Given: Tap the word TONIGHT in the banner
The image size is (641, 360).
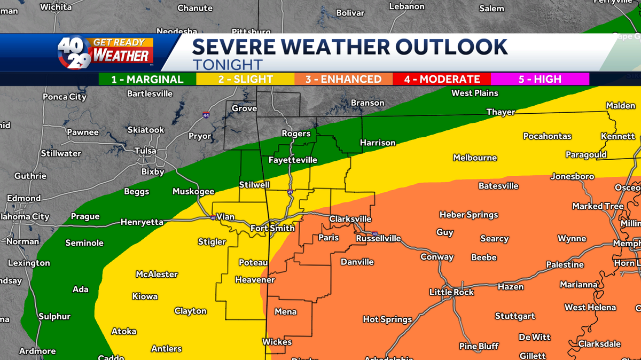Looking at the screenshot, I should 228,65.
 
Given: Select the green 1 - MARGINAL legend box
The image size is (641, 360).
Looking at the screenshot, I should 147,80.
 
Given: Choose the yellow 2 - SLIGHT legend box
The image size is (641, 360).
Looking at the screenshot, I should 245,80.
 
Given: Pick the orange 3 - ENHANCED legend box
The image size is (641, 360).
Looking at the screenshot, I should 343,80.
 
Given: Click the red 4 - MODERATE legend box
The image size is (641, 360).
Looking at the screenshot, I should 442,80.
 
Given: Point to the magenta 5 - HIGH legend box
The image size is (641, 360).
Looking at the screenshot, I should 540,80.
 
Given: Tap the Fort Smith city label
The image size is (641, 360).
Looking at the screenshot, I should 272,229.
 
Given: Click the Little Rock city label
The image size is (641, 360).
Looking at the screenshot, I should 451,292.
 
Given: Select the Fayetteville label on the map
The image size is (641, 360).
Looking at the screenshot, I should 293,160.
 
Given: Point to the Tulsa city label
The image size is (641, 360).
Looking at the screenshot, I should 145,151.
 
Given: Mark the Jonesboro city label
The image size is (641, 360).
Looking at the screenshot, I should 572,176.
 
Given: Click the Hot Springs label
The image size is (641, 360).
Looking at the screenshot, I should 387,319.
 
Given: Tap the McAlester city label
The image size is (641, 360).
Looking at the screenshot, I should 157,275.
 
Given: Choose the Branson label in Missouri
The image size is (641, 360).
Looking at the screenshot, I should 368,103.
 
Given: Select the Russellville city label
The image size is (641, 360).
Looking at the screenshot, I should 378,239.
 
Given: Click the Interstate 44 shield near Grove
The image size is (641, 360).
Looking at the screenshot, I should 206,115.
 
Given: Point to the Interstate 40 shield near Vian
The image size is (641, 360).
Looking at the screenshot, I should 213,217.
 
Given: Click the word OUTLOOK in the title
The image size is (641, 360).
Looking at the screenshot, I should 452,48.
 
